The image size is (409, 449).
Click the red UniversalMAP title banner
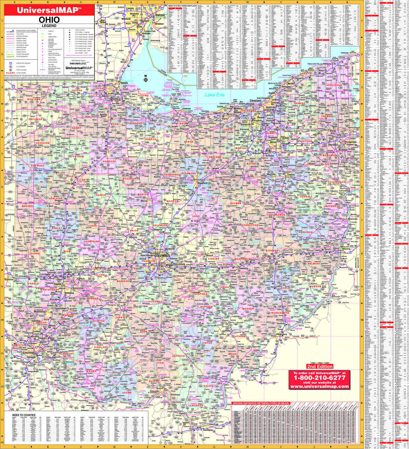click(49, 10)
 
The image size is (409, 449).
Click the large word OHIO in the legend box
click(49, 20)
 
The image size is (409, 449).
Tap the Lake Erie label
click(215, 95)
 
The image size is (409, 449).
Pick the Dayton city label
click(58, 284)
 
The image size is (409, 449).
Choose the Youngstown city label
click(351, 142)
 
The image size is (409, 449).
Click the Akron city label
click(273, 143)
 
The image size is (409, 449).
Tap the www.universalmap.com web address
click(319, 386)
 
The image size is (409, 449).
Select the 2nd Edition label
click(320, 366)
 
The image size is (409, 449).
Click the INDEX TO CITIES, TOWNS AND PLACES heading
click(183, 6)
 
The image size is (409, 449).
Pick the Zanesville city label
click(242, 268)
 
